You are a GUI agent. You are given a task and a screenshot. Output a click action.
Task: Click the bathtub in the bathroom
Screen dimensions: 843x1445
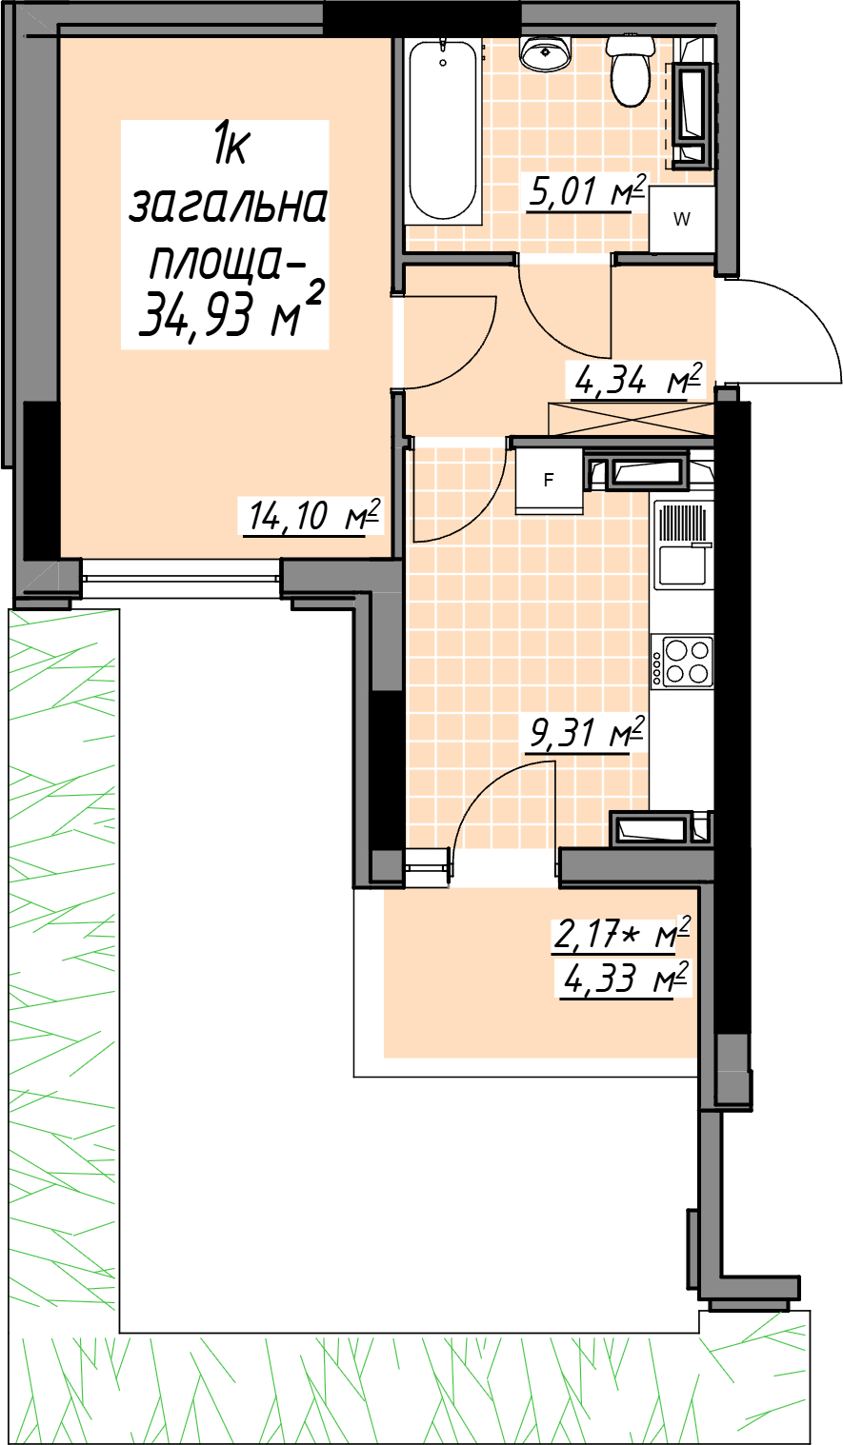(444, 132)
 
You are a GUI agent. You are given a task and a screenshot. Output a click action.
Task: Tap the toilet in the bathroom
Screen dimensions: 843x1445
(631, 70)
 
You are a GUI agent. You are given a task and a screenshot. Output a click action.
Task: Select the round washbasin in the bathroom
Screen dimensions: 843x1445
(546, 52)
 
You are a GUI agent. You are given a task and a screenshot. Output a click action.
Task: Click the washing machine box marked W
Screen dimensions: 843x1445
(682, 219)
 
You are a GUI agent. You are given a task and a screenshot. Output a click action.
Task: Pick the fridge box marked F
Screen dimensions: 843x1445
(550, 481)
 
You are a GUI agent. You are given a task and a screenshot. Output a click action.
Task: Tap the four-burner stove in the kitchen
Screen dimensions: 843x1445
(682, 661)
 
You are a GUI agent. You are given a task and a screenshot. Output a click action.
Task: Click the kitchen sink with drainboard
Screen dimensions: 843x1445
(683, 545)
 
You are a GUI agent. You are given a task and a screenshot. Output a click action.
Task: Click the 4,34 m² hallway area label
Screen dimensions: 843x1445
(636, 381)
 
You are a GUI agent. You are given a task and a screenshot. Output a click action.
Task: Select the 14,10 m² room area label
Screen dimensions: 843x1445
(312, 515)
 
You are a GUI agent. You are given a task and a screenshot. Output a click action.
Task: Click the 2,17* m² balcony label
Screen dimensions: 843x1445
(621, 935)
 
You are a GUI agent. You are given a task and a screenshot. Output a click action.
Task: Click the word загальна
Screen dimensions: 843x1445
(228, 206)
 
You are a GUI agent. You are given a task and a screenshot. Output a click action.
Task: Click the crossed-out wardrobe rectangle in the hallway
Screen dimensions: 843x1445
(632, 419)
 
